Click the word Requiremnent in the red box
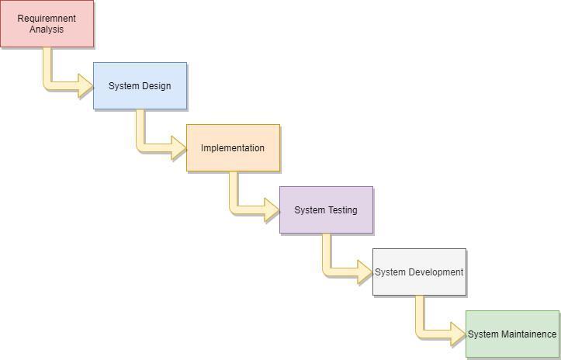coord(47,19)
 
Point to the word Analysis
coord(47,29)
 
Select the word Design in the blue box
coord(156,86)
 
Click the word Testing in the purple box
coord(342,210)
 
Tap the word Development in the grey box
coord(435,272)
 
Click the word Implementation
coord(233,148)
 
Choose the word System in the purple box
coord(310,210)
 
